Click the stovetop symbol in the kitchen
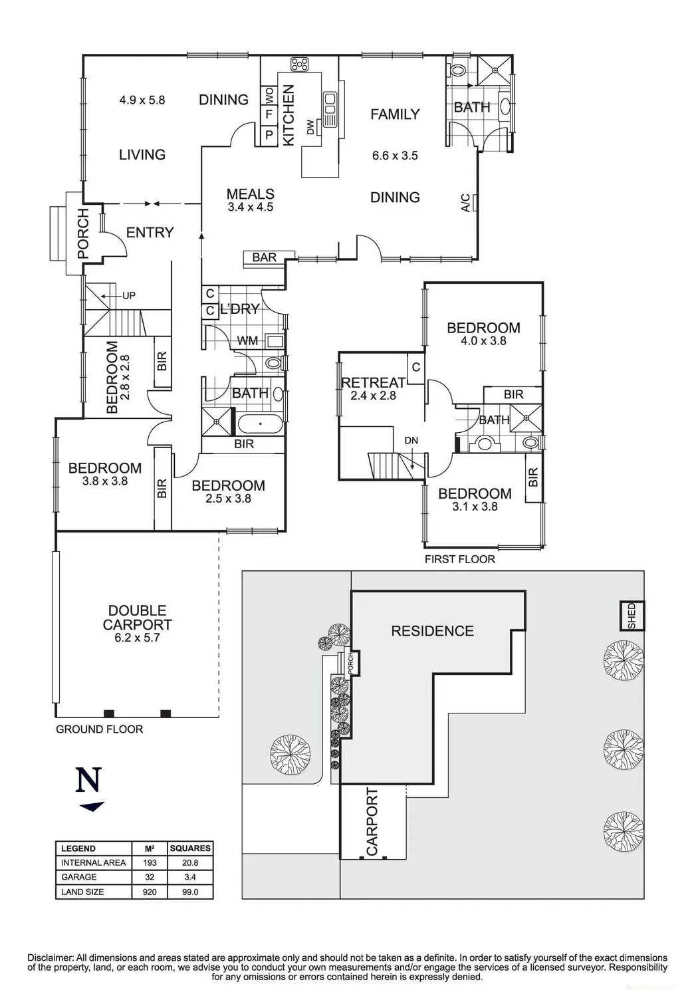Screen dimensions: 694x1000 (299, 64)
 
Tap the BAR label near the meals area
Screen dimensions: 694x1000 (264, 257)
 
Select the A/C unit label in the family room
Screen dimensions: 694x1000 (465, 202)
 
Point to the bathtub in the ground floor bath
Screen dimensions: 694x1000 (260, 424)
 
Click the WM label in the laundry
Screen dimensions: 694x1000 (247, 341)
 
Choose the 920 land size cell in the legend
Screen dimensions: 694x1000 (150, 892)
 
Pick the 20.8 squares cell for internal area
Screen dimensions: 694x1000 (190, 863)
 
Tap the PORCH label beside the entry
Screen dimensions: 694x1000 (83, 233)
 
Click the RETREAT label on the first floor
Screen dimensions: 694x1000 (373, 382)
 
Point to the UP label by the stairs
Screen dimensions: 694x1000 (128, 295)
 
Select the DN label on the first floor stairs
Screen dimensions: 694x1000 (411, 441)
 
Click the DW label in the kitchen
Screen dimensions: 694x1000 (310, 128)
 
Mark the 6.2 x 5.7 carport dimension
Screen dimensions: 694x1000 (137, 638)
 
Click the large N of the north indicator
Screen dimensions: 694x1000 (88, 780)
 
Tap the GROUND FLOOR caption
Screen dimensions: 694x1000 (99, 729)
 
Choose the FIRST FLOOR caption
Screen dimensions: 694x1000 (460, 559)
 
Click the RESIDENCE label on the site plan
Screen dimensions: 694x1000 (433, 631)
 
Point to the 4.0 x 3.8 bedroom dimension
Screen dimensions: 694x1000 (483, 340)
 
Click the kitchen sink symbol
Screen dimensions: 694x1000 (330, 109)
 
